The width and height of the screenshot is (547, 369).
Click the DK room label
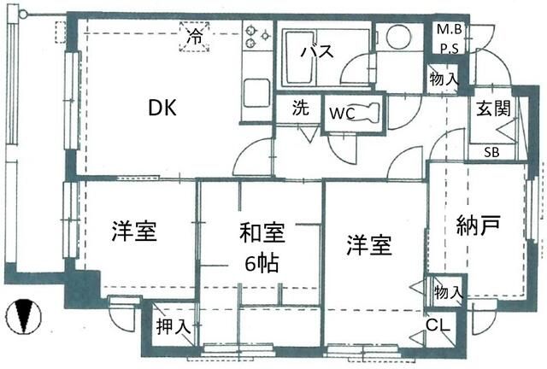[x=162, y=108]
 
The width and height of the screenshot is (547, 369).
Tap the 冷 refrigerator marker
[x=195, y=36]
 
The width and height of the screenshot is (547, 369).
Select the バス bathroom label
[x=317, y=51]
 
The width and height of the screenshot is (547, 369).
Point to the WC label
[x=343, y=113]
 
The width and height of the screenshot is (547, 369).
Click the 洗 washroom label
[x=301, y=108]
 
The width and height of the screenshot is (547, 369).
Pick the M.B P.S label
[x=450, y=38]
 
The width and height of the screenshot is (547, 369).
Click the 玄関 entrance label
[x=494, y=108]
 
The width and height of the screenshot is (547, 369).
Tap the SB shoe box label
[x=491, y=152]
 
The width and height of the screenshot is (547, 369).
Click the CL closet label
[x=438, y=325]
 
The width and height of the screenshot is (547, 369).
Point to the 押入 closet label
[x=174, y=327]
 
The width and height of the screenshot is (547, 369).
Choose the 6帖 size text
[x=262, y=263]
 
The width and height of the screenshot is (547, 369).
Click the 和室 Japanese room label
[x=262, y=233]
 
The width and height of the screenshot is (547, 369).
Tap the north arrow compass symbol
[x=24, y=316]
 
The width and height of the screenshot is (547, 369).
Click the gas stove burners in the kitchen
[x=257, y=36]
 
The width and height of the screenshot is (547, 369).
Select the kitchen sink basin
[x=256, y=93]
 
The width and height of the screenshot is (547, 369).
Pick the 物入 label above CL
[x=449, y=291]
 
